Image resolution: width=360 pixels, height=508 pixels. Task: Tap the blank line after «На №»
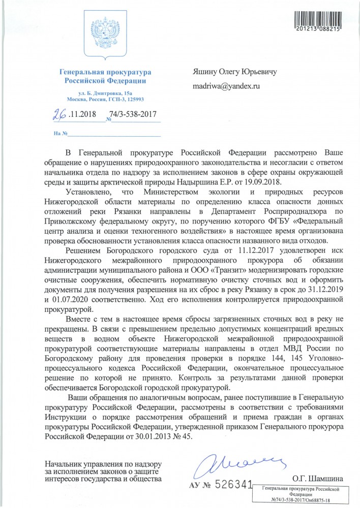click(x=114, y=134)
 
